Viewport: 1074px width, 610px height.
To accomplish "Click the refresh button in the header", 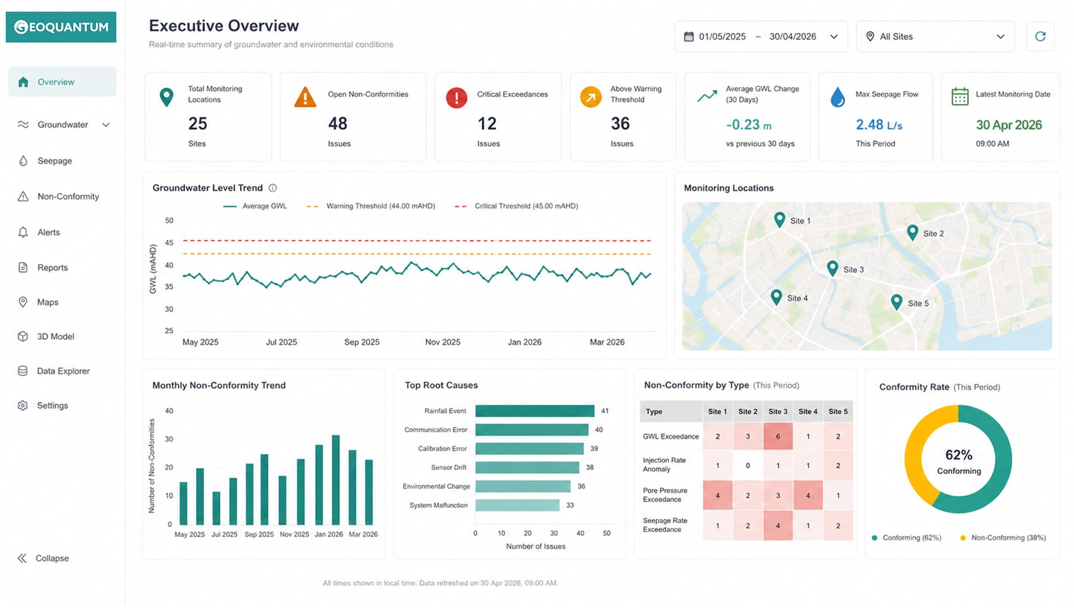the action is (1040, 36).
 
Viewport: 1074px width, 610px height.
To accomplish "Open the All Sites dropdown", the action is (935, 36).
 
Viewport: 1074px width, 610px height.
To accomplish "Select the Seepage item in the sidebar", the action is (54, 161).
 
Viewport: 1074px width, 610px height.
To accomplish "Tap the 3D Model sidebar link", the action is (55, 337).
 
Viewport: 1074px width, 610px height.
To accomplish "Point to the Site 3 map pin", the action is (832, 268).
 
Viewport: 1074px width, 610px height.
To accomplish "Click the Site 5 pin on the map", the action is (896, 302).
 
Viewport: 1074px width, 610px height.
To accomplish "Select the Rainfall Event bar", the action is (535, 411).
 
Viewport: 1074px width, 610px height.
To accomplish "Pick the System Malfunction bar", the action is (517, 505).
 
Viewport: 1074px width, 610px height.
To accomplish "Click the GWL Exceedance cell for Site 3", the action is (778, 436).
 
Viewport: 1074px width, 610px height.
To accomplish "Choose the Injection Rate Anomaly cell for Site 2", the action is (748, 465).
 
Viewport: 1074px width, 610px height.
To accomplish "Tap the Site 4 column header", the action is (808, 412).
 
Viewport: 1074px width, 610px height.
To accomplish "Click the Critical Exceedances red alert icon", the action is (456, 98).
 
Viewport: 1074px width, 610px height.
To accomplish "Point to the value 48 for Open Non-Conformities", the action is (338, 124).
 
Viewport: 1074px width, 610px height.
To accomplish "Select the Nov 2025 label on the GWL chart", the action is (442, 342).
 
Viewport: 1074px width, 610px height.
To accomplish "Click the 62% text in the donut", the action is (959, 455).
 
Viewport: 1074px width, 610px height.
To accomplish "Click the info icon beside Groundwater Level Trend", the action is (273, 188).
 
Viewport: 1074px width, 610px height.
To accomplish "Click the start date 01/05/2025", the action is (722, 36).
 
